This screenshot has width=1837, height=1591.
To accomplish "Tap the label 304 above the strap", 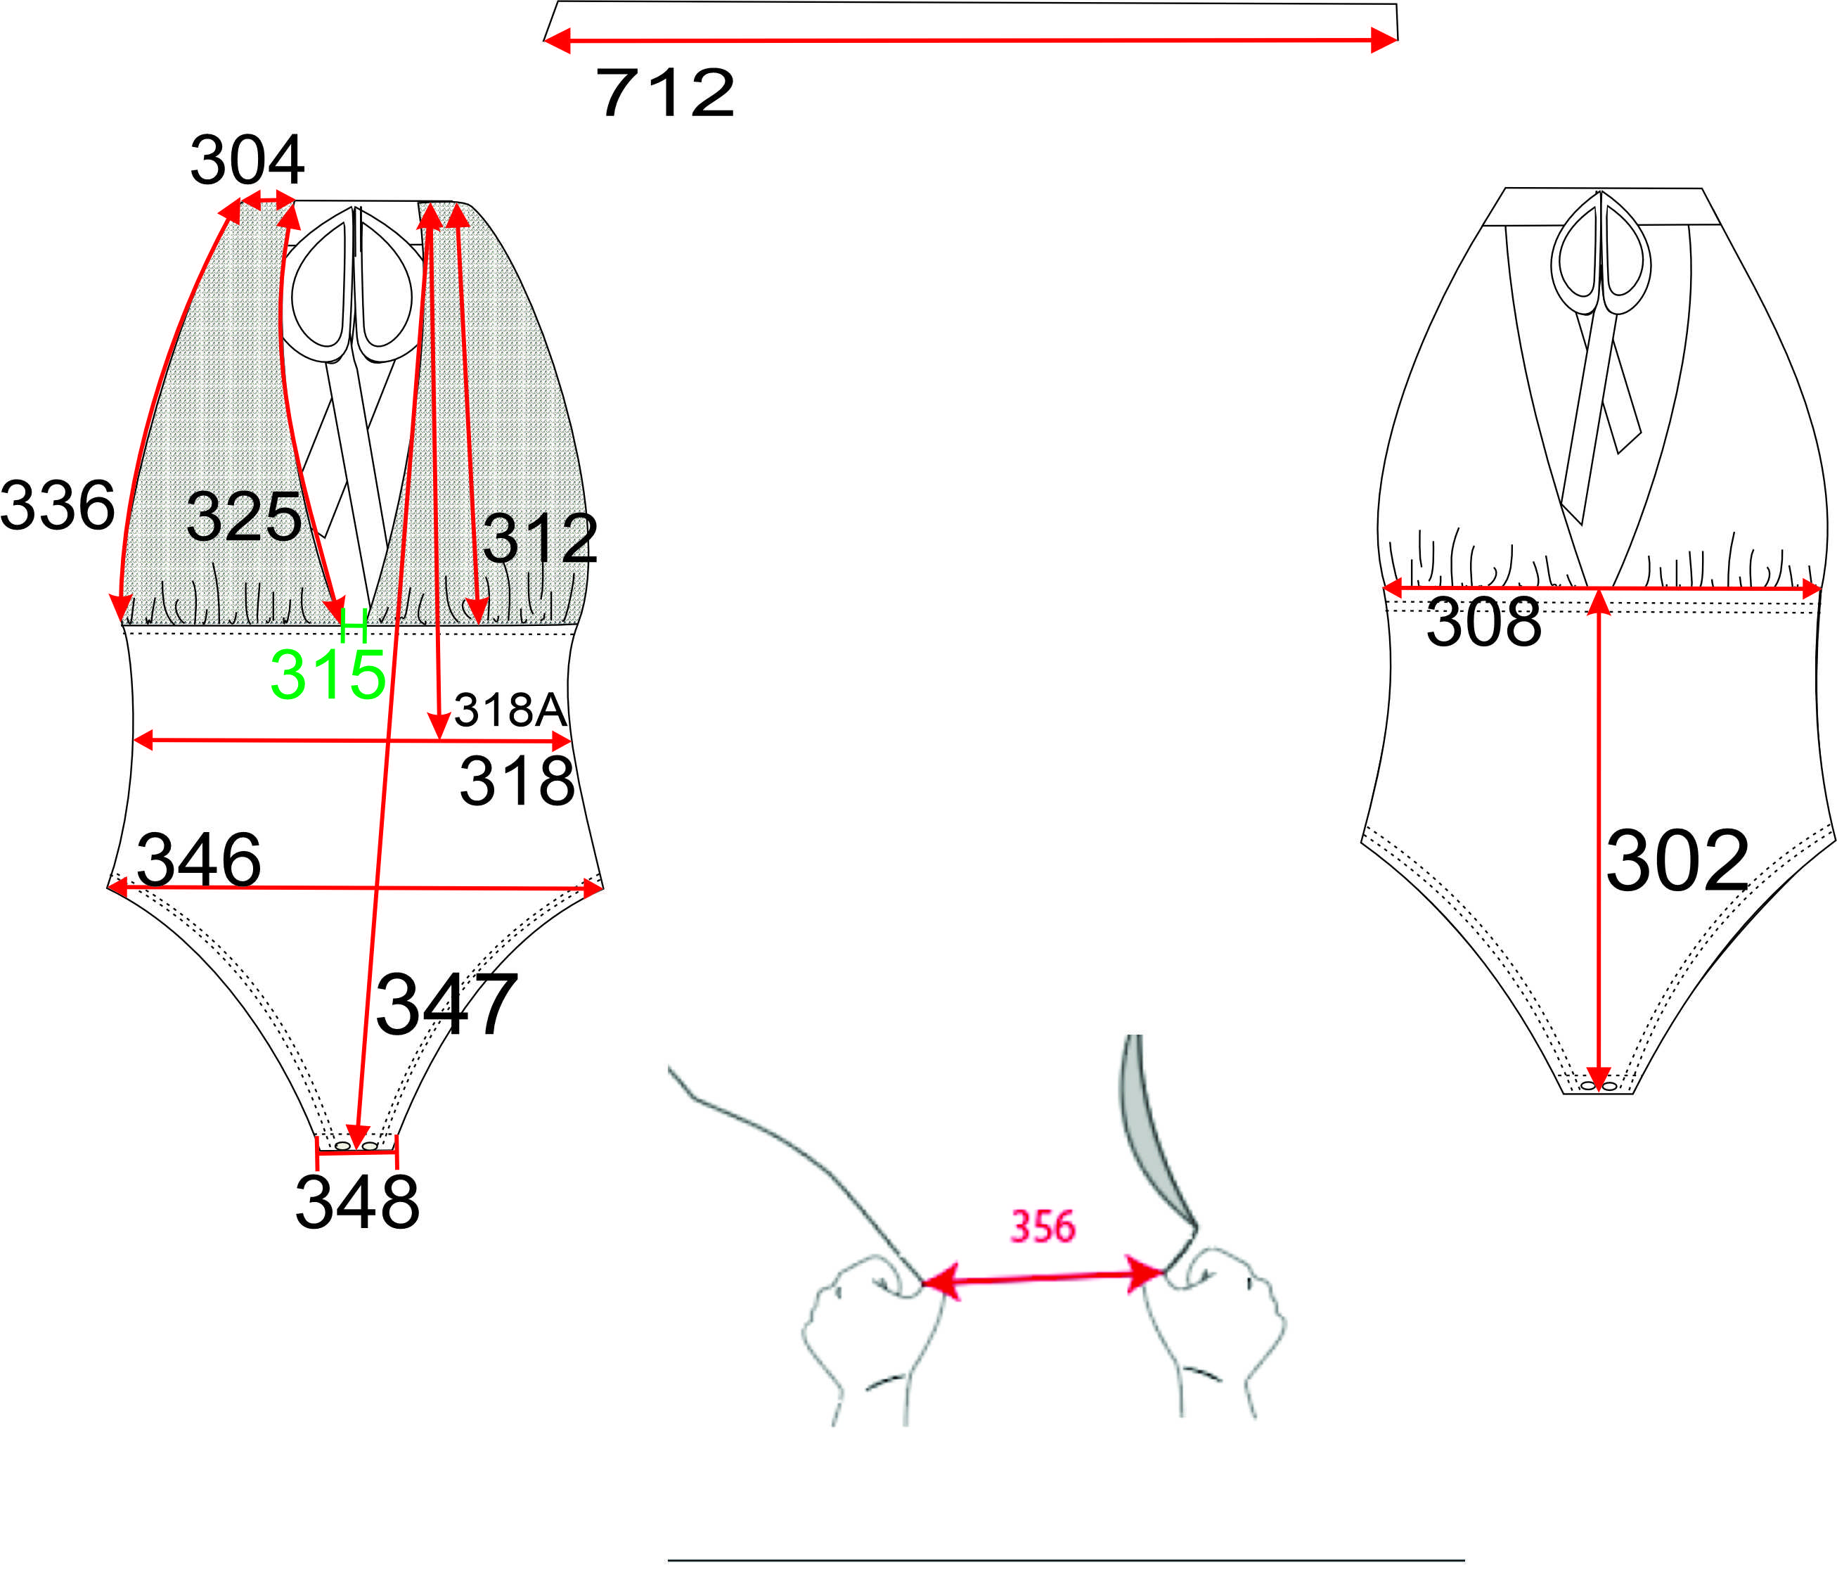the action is [x=247, y=160].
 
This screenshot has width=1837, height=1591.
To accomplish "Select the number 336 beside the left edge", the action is [x=58, y=505].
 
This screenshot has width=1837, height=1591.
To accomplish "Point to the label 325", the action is [x=244, y=517].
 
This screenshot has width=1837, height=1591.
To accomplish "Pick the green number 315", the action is [x=328, y=675].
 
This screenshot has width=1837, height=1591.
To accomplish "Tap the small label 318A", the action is [x=510, y=710].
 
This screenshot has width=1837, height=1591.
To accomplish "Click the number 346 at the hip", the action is [x=199, y=860].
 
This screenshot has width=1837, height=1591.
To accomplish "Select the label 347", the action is [x=446, y=1004].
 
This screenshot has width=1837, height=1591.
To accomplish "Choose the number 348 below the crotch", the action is [x=356, y=1202].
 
